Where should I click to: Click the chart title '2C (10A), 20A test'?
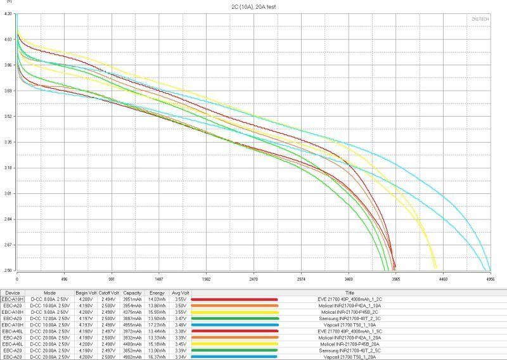tap(253, 6)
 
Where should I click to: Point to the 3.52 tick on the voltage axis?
tap(8, 116)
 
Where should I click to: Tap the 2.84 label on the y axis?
tap(8, 219)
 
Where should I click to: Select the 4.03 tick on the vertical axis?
tap(8, 39)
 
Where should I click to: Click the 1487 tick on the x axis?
tap(158, 278)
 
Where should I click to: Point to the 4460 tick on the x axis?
tap(443, 278)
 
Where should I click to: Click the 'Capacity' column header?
tap(132, 293)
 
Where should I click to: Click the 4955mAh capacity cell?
tap(132, 325)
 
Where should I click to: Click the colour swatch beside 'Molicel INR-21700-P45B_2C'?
tap(234, 312)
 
